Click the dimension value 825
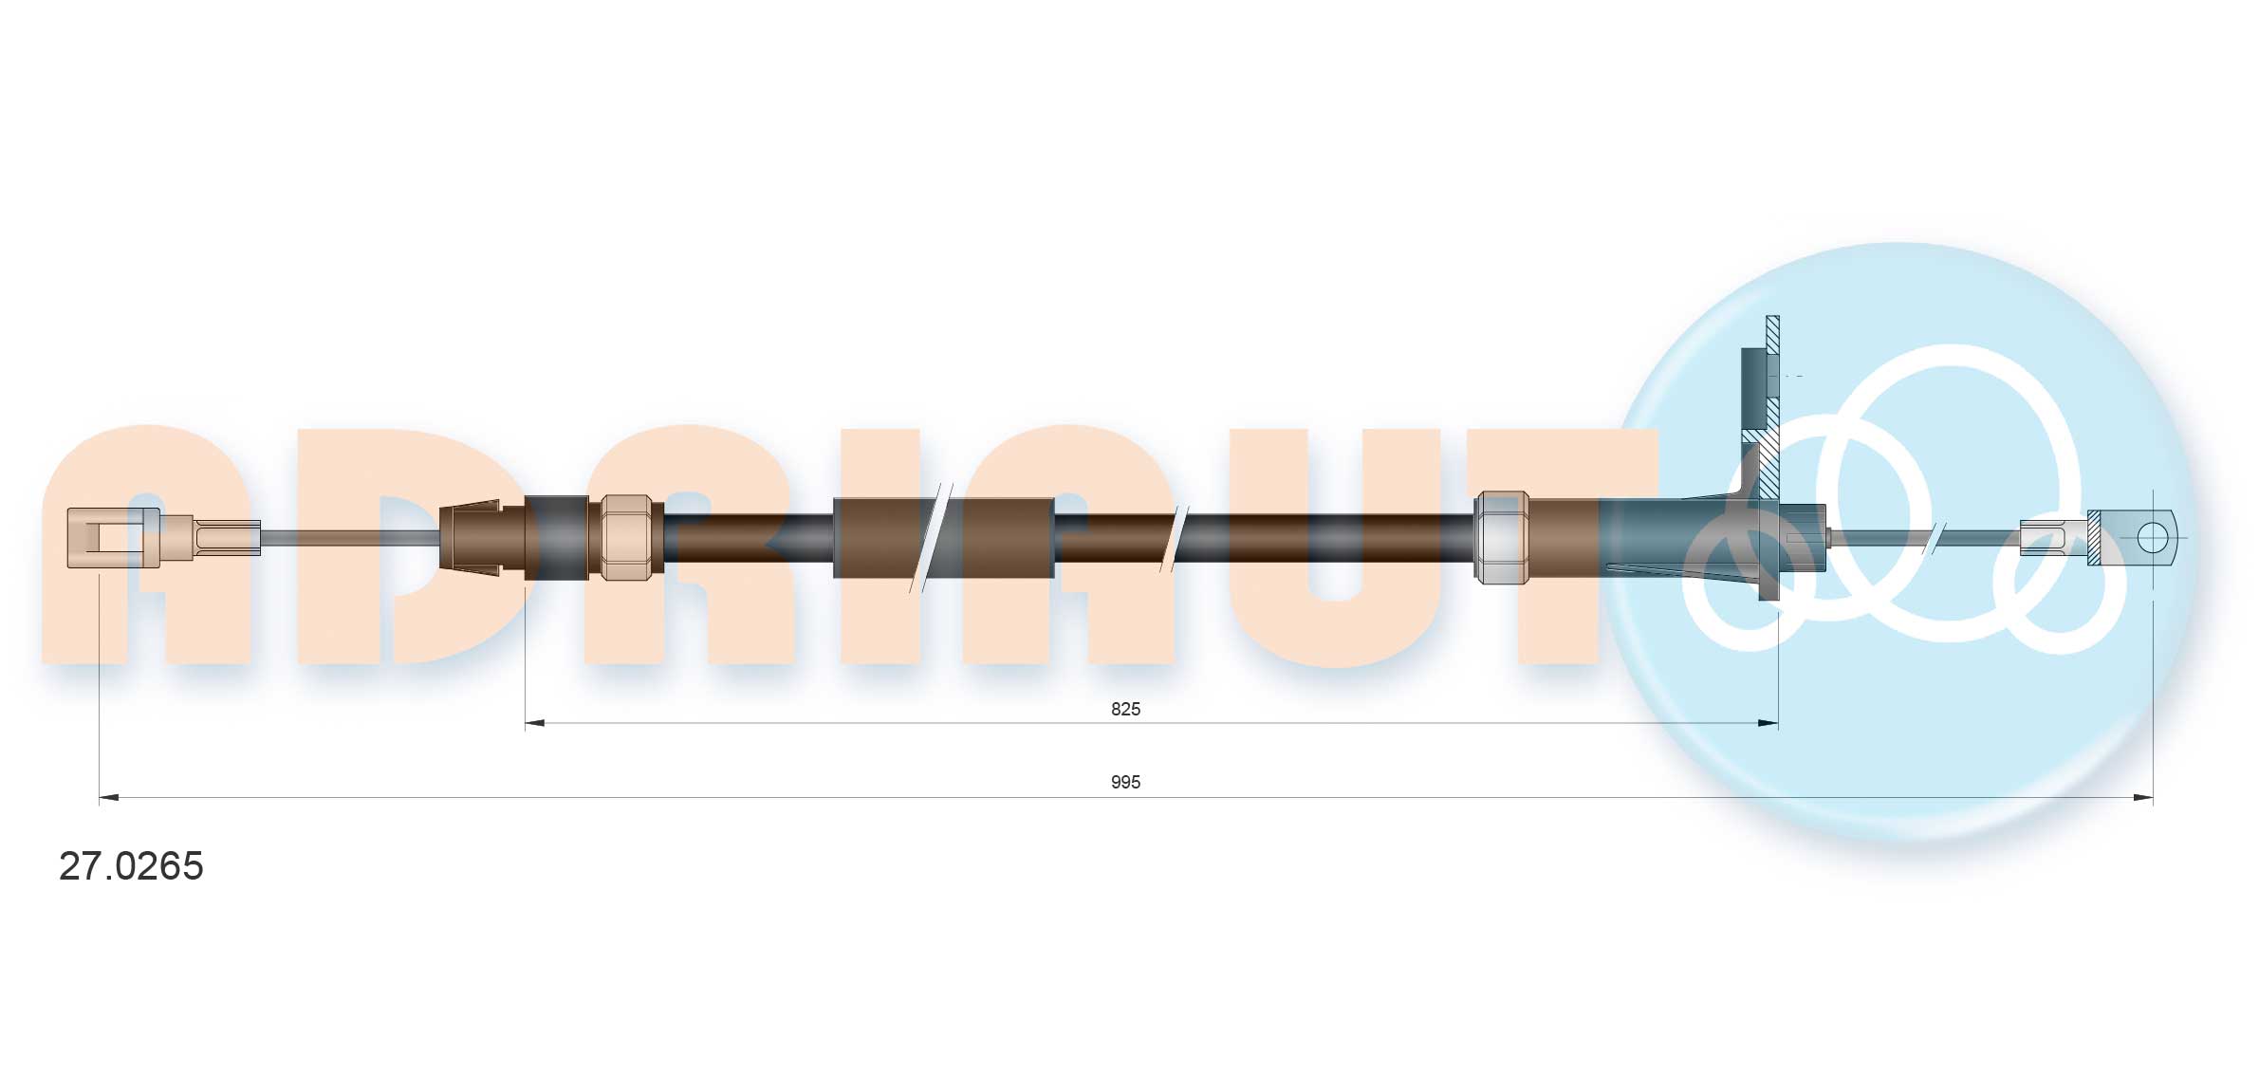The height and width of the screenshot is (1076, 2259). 1125,709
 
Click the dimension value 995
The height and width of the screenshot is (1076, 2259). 1125,782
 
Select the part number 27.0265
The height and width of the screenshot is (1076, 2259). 131,866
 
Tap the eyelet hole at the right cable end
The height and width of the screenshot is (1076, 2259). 2152,538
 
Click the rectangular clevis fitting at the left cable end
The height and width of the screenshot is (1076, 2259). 113,538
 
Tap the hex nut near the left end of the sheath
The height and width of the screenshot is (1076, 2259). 626,537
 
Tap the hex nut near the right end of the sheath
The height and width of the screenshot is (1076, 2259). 1502,537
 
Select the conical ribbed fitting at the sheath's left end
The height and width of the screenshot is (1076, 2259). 472,538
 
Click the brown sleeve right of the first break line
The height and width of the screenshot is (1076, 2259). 1006,538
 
